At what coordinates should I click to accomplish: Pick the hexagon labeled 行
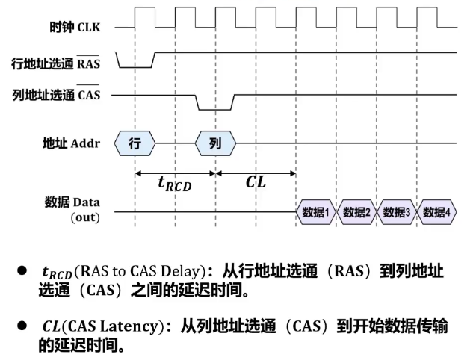[x=135, y=143]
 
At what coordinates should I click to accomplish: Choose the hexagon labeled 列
[x=215, y=143]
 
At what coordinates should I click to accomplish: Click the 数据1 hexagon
[x=315, y=212]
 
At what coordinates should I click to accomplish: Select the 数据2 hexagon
[x=356, y=212]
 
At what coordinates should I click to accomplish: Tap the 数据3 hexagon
[x=397, y=212]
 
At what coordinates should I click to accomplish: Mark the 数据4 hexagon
[x=436, y=212]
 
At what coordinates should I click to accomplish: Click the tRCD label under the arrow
[x=174, y=184]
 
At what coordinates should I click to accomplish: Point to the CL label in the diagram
[x=256, y=183]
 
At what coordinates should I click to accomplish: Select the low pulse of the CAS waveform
[x=214, y=109]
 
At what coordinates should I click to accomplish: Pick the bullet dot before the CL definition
[x=22, y=327]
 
